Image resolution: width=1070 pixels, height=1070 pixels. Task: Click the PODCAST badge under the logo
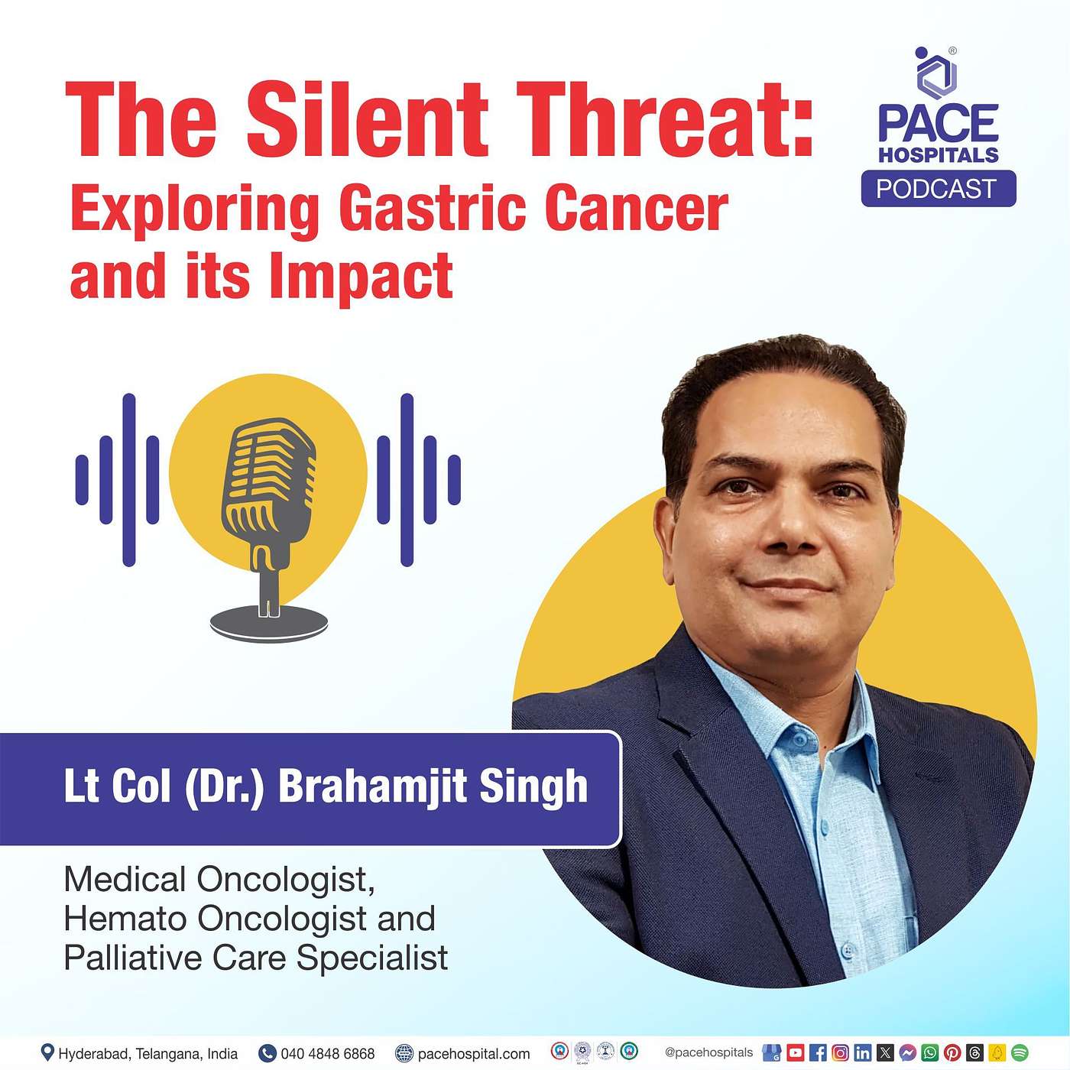click(939, 189)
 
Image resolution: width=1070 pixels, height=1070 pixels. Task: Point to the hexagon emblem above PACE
click(936, 74)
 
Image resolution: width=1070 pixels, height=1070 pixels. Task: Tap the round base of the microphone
click(269, 623)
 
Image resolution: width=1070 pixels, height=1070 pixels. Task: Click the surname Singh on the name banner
click(533, 786)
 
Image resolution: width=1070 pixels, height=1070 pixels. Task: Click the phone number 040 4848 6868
click(328, 1053)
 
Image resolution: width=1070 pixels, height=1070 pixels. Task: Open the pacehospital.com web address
click(474, 1053)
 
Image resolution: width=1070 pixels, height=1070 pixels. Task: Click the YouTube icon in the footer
click(795, 1052)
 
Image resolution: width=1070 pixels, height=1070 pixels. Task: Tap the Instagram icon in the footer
click(841, 1052)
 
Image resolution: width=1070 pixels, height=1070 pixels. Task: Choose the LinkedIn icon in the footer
click(863, 1052)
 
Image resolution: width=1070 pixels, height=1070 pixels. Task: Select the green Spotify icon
click(1020, 1052)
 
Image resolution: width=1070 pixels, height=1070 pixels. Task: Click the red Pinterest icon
click(952, 1052)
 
